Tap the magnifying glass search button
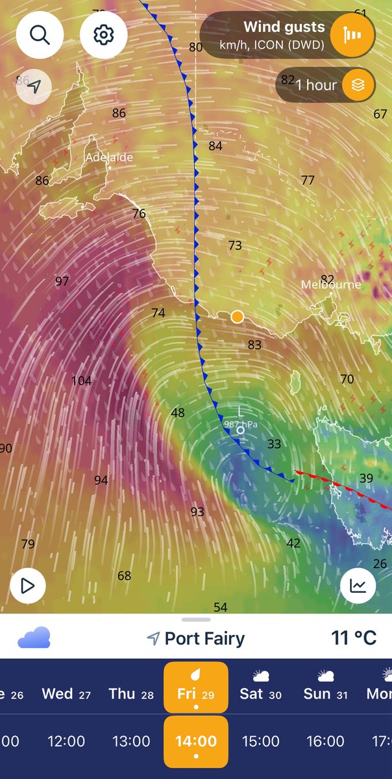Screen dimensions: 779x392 (x=40, y=34)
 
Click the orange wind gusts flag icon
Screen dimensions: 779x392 (x=353, y=34)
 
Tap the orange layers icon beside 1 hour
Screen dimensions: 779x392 (x=353, y=85)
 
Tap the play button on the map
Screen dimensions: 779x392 (x=27, y=586)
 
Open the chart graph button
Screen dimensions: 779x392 (x=358, y=586)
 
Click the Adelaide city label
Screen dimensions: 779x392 (x=109, y=157)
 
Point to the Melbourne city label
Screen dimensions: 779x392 (x=330, y=284)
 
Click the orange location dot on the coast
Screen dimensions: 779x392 (x=238, y=317)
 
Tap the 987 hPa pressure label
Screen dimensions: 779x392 (x=241, y=424)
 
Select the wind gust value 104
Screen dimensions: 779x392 (x=81, y=381)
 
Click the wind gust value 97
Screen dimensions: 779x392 (x=62, y=281)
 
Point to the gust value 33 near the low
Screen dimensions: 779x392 (x=274, y=444)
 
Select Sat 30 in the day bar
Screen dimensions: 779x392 (x=260, y=693)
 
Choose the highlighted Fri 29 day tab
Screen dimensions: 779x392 (x=195, y=693)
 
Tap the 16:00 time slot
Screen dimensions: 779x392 (x=325, y=741)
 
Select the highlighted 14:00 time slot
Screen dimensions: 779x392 (x=195, y=741)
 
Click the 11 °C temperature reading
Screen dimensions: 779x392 (x=354, y=638)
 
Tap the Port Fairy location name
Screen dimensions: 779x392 (x=204, y=639)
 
